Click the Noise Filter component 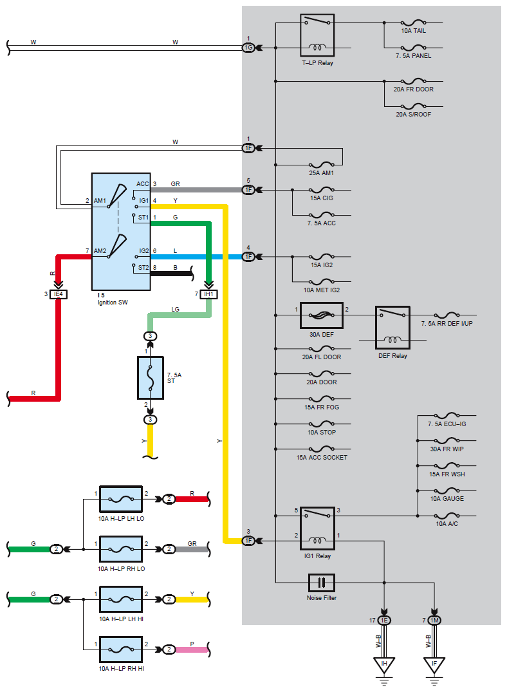pos(321,583)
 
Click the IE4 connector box pos(59,294)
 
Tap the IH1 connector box pos(208,294)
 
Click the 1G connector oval pos(248,48)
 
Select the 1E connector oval pos(384,621)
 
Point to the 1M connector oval pos(434,621)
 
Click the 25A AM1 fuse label pos(321,173)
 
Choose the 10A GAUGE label pos(447,499)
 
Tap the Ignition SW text pos(113,303)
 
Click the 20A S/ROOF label pos(414,115)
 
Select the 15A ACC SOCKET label pos(322,458)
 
